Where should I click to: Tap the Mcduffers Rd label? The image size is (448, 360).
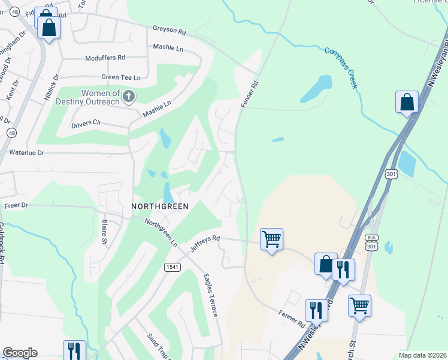(x=105, y=58)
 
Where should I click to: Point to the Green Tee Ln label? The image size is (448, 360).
(x=120, y=77)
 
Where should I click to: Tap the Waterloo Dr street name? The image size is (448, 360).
(x=26, y=153)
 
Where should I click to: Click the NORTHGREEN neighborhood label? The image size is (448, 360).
(x=160, y=206)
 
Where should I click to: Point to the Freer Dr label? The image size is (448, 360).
(x=16, y=205)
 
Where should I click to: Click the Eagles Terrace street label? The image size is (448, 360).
(x=211, y=295)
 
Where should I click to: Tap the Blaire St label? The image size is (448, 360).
(x=104, y=232)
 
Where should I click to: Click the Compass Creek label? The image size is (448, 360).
(x=341, y=67)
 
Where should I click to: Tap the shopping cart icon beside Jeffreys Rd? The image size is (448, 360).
(x=271, y=239)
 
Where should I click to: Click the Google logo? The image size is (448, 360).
(x=20, y=353)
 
